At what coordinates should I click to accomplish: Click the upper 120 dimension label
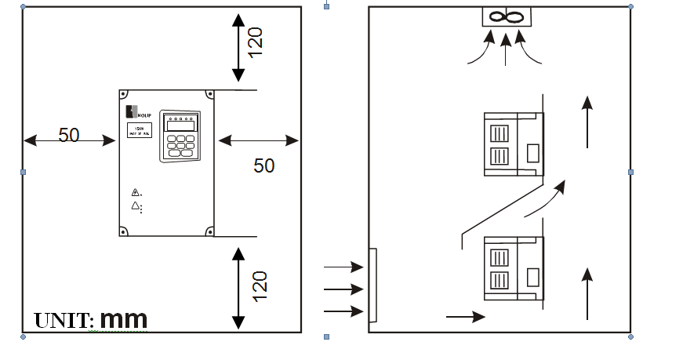tap(256, 41)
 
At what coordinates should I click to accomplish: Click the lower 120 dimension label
tap(260, 285)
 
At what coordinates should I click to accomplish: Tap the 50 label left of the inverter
tap(69, 135)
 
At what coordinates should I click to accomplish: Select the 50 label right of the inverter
tap(264, 165)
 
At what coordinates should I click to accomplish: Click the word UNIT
tap(64, 321)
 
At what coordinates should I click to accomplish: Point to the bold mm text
tap(124, 319)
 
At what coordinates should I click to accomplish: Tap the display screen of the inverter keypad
tap(180, 125)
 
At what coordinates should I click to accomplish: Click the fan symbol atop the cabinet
tap(507, 16)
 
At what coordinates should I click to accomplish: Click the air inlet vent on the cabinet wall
tap(372, 285)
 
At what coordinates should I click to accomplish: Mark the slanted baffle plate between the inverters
tap(502, 209)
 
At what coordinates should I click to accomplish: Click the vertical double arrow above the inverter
tap(238, 48)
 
